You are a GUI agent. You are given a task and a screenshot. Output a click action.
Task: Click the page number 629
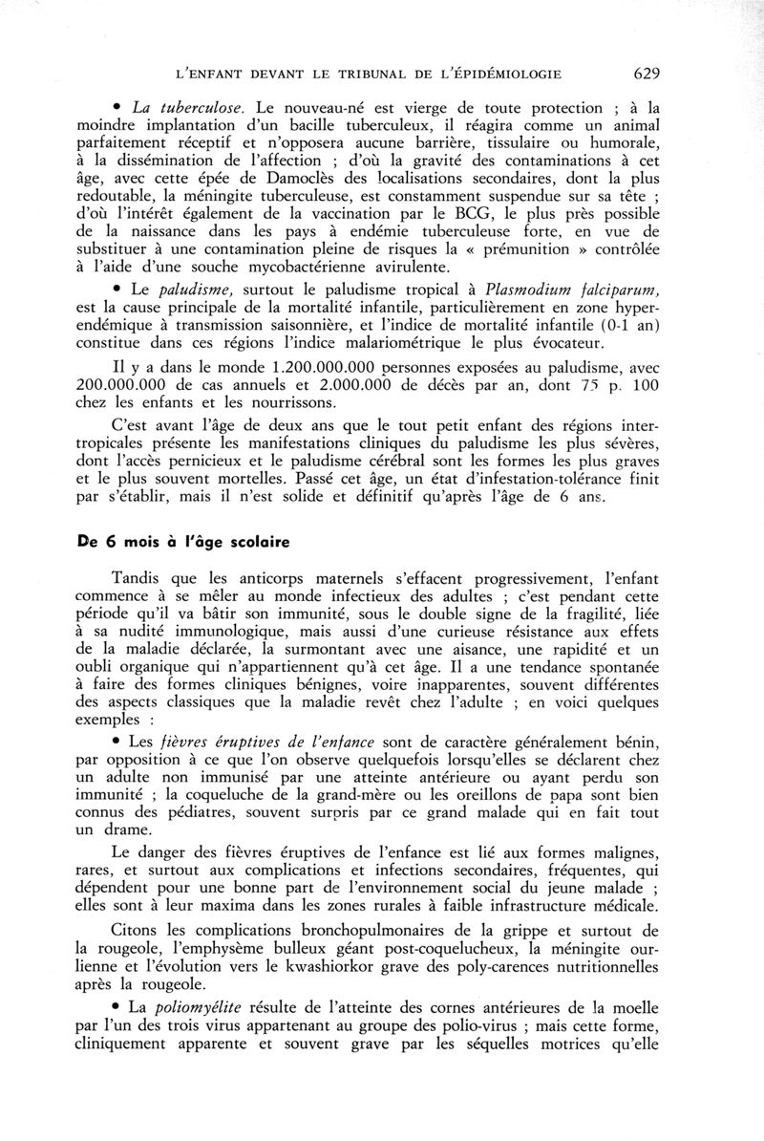(646, 73)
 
